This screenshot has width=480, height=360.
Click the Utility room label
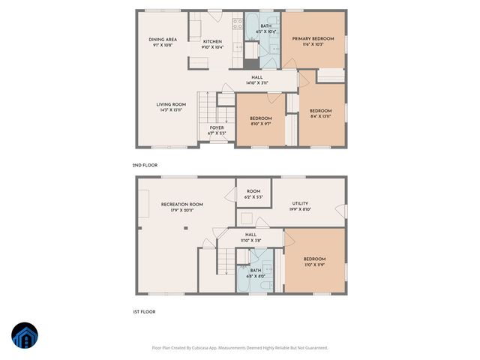pyautogui.click(x=300, y=206)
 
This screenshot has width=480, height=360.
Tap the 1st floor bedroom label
pyautogui.click(x=314, y=262)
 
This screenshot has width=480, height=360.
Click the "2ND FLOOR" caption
pyautogui.click(x=145, y=165)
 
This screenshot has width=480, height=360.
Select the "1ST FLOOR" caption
pyautogui.click(x=144, y=311)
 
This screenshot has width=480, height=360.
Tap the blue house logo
pyautogui.click(x=25, y=336)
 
